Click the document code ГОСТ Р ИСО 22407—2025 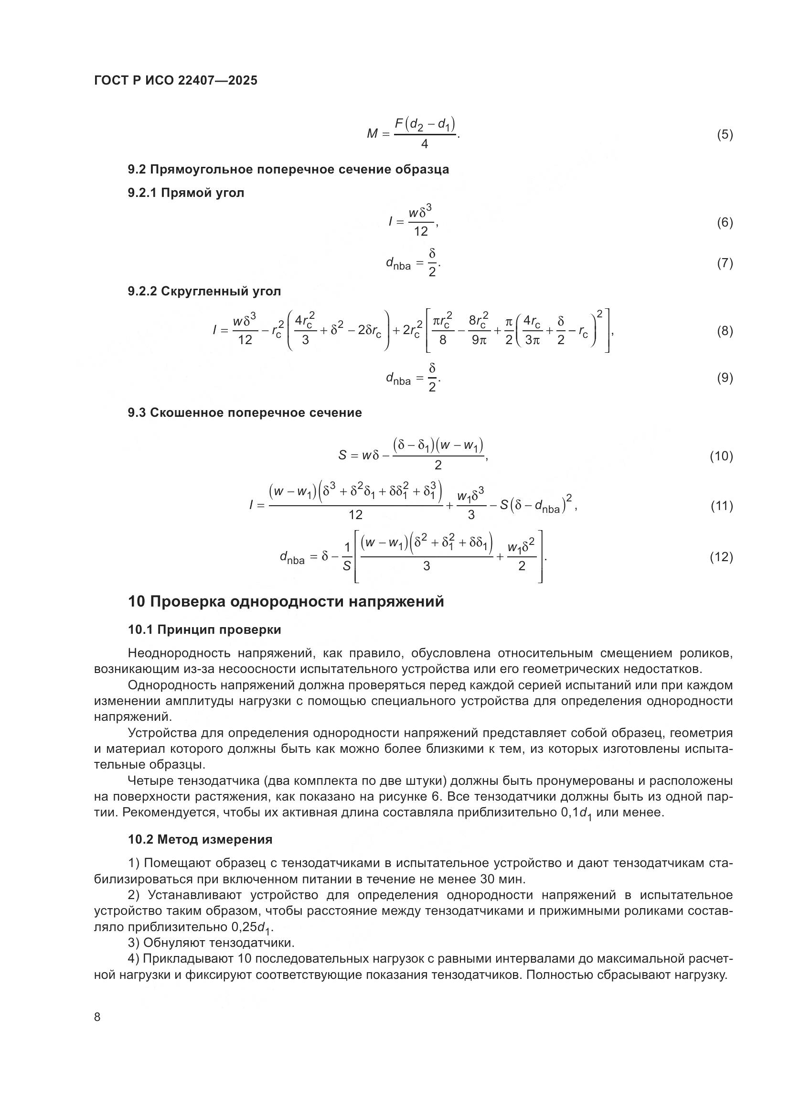[176, 80]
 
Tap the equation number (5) [725, 134]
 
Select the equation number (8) [725, 332]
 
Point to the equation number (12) [721, 557]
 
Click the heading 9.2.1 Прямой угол [186, 193]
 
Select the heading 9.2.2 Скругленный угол [204, 291]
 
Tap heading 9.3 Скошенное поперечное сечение [245, 412]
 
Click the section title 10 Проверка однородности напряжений [286, 601]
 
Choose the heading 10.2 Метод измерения [200, 839]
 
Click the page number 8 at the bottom [97, 1017]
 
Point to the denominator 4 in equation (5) [424, 145]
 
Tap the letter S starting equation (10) [342, 456]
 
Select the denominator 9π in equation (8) [479, 340]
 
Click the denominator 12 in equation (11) [356, 515]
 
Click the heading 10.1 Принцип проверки [204, 630]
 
